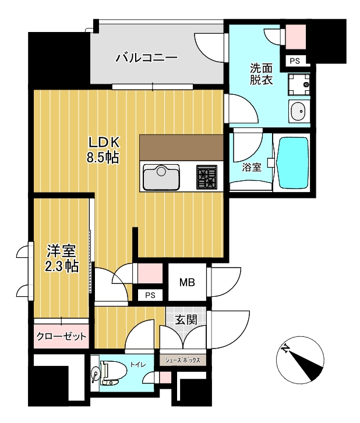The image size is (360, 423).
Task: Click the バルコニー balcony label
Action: coord(146,58)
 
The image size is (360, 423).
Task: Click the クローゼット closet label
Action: coord(62,336)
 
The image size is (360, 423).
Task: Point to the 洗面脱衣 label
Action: coord(261,74)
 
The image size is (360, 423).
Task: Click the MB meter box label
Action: coord(186,283)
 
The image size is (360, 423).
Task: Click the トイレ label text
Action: coord(137,365)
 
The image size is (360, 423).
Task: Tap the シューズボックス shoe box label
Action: coord(183,360)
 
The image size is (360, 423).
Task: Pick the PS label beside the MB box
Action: coord(150,295)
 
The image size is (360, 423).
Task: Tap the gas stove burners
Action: coord(206,176)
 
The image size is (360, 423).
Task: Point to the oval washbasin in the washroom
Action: coord(298,111)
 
